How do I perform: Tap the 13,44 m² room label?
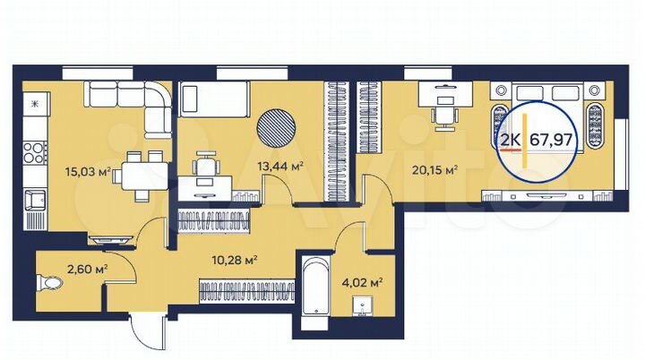279,167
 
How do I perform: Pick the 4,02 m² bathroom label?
363,281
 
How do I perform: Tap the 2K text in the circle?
512,139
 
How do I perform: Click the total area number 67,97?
553,139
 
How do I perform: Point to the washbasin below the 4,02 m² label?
362,306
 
